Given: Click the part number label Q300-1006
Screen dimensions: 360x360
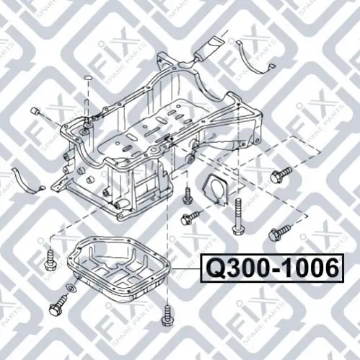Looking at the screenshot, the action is [x=272, y=268].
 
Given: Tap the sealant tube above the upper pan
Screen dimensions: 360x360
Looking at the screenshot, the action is [x=208, y=49].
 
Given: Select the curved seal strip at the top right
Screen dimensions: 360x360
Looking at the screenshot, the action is [x=254, y=58].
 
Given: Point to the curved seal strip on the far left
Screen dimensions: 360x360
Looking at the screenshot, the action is [x=27, y=181].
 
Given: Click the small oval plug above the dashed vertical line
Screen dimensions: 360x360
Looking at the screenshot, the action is [x=89, y=78].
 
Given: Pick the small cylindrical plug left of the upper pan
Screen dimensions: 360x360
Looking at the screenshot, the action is [x=35, y=112].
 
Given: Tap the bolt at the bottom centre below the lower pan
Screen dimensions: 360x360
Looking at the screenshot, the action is [x=167, y=315].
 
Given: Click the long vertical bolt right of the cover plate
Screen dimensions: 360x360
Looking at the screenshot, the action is [x=237, y=216].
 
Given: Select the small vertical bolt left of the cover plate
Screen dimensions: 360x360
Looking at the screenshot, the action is [x=188, y=196].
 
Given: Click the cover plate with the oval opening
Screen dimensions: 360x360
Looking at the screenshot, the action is [x=215, y=190].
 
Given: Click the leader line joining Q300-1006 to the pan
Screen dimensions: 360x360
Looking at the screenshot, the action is [x=186, y=268].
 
